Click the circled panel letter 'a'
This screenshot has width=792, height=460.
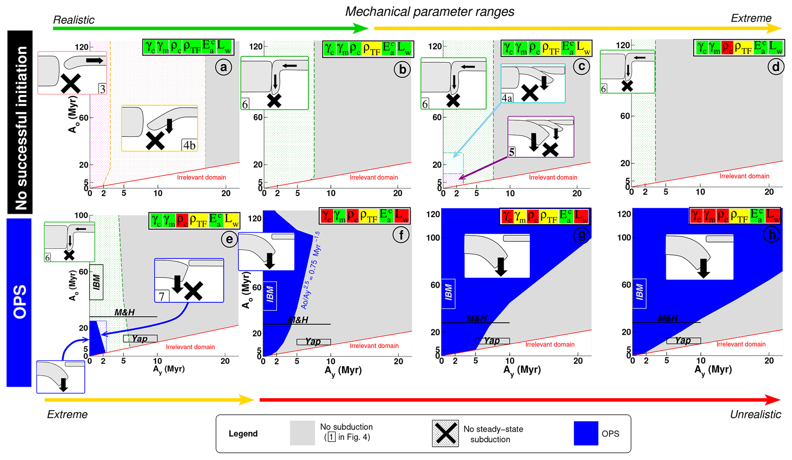coord(223,67)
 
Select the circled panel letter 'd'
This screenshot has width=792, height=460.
coord(776,67)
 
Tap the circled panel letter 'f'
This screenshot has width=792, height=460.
coord(401,235)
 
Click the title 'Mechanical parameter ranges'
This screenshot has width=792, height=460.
coord(430,12)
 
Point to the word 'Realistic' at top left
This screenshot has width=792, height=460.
coord(74,20)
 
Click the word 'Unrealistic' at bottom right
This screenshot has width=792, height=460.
coord(755,414)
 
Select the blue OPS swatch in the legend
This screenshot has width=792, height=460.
coord(586,433)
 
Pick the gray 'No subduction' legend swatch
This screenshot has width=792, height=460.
coord(302,433)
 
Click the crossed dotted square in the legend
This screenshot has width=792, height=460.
coord(445,434)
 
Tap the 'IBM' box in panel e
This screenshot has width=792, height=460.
coord(97,282)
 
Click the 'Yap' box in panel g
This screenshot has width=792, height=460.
coord(492,341)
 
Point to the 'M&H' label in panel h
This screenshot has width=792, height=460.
coord(668,318)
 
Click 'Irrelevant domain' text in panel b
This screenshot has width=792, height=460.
coord(374,177)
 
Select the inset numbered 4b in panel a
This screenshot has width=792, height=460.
coord(159,128)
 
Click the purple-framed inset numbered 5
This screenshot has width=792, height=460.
coord(541,137)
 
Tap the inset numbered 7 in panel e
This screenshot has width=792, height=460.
coord(189,280)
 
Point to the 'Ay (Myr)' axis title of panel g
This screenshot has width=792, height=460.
coord(522,370)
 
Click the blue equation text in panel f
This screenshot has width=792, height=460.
coord(311,270)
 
